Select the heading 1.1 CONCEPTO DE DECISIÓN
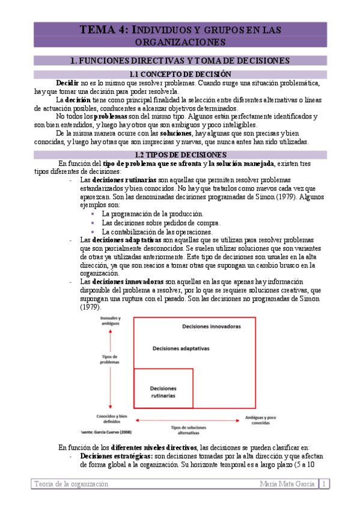(180, 74)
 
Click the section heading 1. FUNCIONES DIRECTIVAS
(180, 60)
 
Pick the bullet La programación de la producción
(153, 214)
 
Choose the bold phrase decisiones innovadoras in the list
(128, 281)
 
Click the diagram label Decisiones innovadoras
(211, 325)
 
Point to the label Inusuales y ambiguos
(111, 321)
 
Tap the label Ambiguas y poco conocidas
(263, 419)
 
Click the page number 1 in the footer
(323, 484)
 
